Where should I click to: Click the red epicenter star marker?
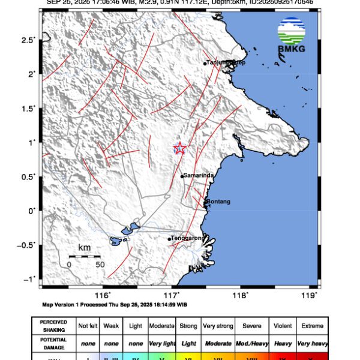179,148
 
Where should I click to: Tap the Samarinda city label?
199,175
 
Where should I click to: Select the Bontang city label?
218,202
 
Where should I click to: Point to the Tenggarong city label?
189,238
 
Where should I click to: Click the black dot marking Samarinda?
182,176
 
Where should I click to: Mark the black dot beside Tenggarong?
169,239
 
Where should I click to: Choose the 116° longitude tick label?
103,295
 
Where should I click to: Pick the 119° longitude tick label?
310,295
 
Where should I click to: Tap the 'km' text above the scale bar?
84,248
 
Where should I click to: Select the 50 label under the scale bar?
100,264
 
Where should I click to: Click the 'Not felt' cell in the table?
88,326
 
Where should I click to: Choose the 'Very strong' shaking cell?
218,326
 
